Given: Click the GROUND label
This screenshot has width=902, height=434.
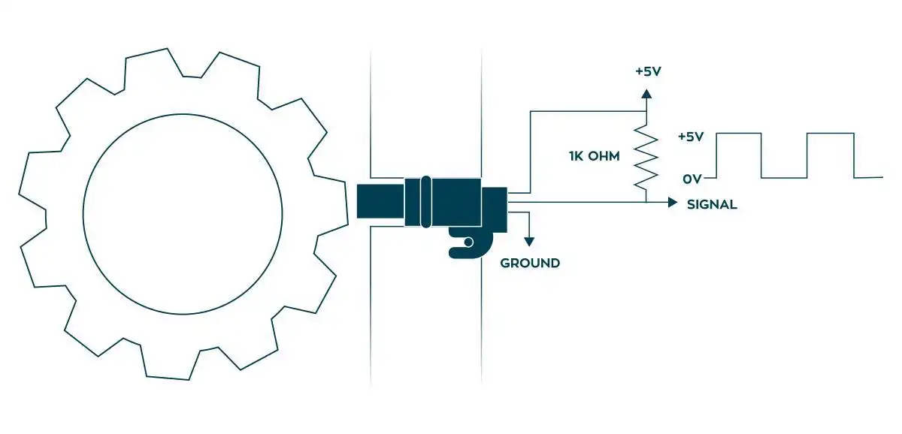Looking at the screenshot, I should click(x=530, y=264).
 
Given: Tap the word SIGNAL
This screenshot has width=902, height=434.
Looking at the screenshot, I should click(x=712, y=204).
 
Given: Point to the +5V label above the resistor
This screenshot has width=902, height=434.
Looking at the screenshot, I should click(x=647, y=73).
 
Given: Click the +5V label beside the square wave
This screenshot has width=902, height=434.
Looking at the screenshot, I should click(x=690, y=137).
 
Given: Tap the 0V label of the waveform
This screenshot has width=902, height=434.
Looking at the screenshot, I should click(x=692, y=179).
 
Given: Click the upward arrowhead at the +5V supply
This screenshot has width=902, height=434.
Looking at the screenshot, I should click(x=646, y=94).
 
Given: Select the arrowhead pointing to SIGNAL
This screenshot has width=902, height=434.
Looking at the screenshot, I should click(x=672, y=202).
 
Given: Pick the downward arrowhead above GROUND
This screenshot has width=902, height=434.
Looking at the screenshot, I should click(x=529, y=241).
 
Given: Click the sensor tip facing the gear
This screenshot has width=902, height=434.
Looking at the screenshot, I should click(x=380, y=201).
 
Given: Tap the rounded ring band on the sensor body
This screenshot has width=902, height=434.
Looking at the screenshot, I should click(x=426, y=201).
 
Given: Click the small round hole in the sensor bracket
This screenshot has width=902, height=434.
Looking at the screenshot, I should click(x=468, y=242).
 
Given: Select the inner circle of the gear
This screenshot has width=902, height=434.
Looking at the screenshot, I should click(x=183, y=213).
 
